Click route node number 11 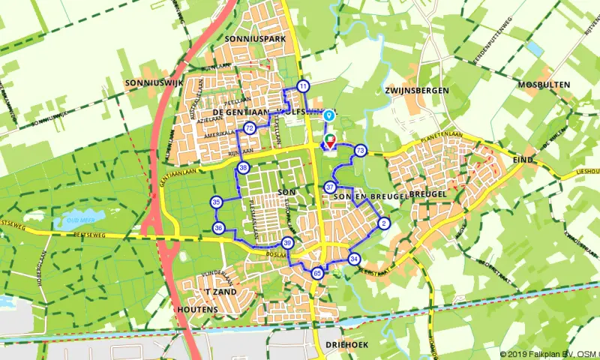(302, 86)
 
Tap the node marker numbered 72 (249, 129)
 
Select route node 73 (361, 151)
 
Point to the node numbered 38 (242, 168)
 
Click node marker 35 (216, 202)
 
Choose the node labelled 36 (218, 227)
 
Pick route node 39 (287, 243)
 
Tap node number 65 (318, 273)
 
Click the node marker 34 (354, 259)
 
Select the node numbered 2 (384, 223)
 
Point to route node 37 (330, 187)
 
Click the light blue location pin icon (328, 115)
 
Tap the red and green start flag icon (328, 142)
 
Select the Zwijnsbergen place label (416, 90)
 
